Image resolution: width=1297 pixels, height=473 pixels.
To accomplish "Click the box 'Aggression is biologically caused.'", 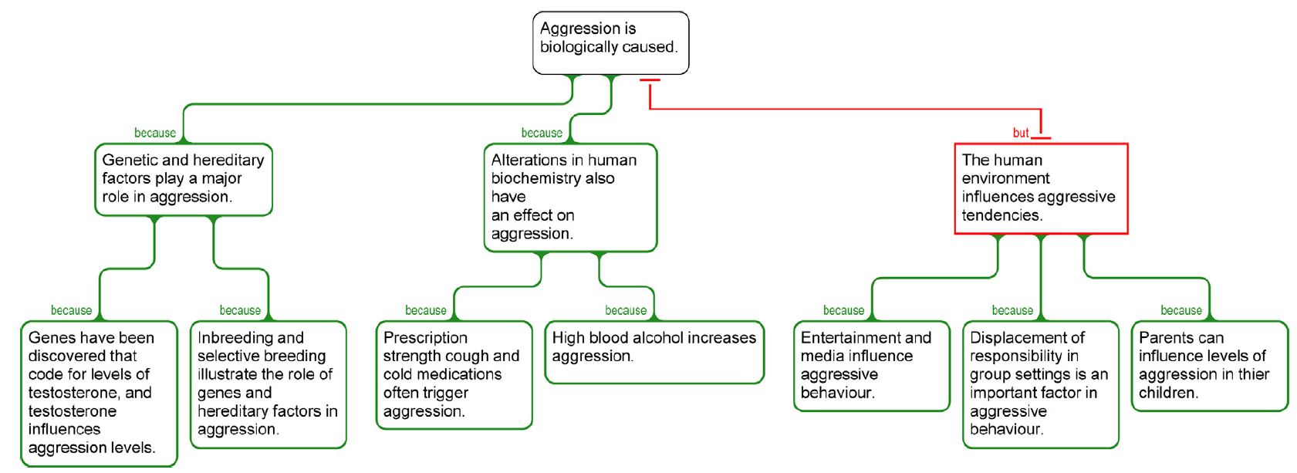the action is [611, 43].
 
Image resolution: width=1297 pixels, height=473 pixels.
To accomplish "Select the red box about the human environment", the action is [1041, 189].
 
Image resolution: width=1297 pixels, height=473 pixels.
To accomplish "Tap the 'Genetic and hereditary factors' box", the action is [184, 180].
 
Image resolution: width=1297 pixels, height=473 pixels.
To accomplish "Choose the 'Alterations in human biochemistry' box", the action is [570, 198].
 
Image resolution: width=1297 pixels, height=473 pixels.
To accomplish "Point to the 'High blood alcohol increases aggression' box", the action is [654, 352].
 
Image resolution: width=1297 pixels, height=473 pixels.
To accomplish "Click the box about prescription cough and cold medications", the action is [454, 374].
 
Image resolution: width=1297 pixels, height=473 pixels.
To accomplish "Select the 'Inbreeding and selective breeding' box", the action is [268, 384].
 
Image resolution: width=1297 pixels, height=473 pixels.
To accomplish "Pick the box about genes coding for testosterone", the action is [99, 394].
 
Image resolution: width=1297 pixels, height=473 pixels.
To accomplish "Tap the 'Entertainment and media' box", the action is [872, 366].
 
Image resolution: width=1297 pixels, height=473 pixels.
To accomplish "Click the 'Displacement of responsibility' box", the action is [1041, 384].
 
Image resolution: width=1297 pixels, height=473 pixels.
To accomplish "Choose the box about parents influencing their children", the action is [1210, 366].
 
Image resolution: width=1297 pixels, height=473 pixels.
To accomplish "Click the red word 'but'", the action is [1020, 133].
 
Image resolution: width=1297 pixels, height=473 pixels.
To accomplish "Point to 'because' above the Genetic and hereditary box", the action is [155, 133].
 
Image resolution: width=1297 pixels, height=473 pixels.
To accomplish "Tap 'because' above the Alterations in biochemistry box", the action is [542, 133].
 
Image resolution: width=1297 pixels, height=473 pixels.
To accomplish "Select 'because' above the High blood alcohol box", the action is [626, 310].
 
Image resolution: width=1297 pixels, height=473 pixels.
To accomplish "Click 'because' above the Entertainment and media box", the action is [843, 310].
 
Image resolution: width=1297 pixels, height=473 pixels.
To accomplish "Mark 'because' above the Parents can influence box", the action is [1181, 310].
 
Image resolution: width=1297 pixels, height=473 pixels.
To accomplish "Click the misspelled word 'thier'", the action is [1254, 374].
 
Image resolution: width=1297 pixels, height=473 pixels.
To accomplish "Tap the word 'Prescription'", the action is [425, 337].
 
